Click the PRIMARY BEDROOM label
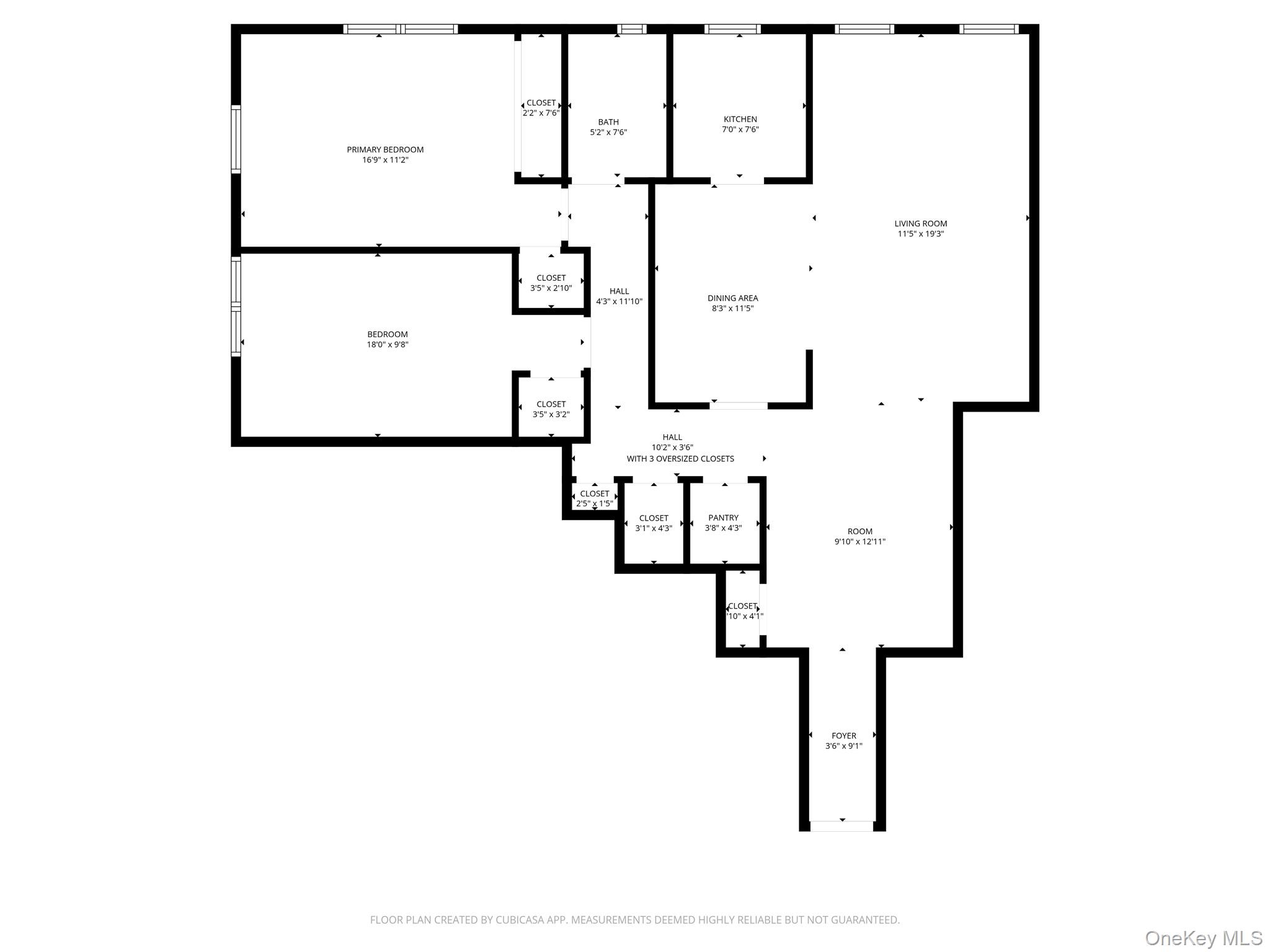[x=385, y=149]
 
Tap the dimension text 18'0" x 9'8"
[x=388, y=345]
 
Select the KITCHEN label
[x=740, y=119]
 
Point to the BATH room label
[x=608, y=122]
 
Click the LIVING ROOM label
[x=920, y=224]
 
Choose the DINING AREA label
[x=732, y=298]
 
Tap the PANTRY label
[x=723, y=518]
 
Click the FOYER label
[x=843, y=736]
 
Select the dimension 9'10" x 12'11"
[x=859, y=542]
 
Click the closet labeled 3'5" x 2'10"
[x=551, y=283]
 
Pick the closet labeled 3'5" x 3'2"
[x=551, y=409]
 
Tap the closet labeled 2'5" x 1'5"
[x=594, y=498]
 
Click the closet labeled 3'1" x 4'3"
[x=654, y=523]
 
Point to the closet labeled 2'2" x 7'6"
[x=541, y=108]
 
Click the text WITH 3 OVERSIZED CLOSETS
[x=680, y=459]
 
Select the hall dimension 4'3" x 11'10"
[x=619, y=302]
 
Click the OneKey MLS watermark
[x=1203, y=938]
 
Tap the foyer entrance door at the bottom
[x=842, y=826]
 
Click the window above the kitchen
[x=732, y=29]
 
